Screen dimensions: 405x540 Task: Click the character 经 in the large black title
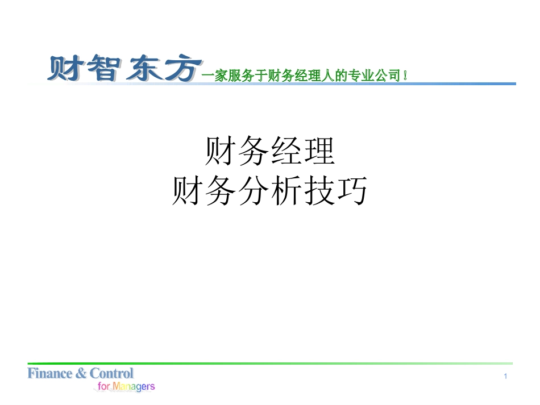pos(285,151)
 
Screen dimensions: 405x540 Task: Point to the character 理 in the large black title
pos(318,151)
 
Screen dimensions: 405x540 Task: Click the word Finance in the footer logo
pos(50,374)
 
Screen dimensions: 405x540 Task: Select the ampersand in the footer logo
pos(81,374)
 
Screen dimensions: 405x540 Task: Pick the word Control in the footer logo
pos(111,374)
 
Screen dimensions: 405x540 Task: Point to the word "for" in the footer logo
pos(104,386)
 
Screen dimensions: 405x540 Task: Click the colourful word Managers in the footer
pos(134,387)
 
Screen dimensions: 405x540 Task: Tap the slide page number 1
pos(505,376)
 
